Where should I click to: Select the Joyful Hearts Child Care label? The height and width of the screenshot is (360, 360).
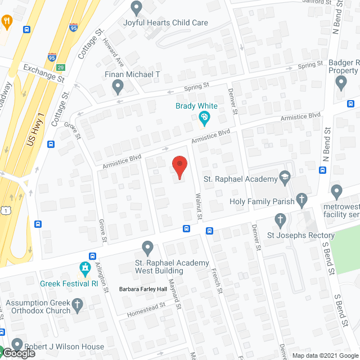pyautogui.click(x=166, y=23)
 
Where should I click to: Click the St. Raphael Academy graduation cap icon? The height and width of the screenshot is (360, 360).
pyautogui.click(x=285, y=179)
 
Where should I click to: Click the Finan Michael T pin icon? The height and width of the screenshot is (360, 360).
pyautogui.click(x=118, y=86)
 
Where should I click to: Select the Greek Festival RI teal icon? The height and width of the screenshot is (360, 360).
pyautogui.click(x=85, y=268)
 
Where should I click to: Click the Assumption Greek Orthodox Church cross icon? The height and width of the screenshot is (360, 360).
pyautogui.click(x=78, y=304)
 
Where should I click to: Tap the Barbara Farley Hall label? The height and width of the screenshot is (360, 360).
pyautogui.click(x=143, y=289)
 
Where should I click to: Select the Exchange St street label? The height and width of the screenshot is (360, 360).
pyautogui.click(x=44, y=73)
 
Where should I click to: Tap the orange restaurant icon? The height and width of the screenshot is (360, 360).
pyautogui.click(x=7, y=22)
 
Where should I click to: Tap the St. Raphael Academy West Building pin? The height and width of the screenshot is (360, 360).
pyautogui.click(x=147, y=247)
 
